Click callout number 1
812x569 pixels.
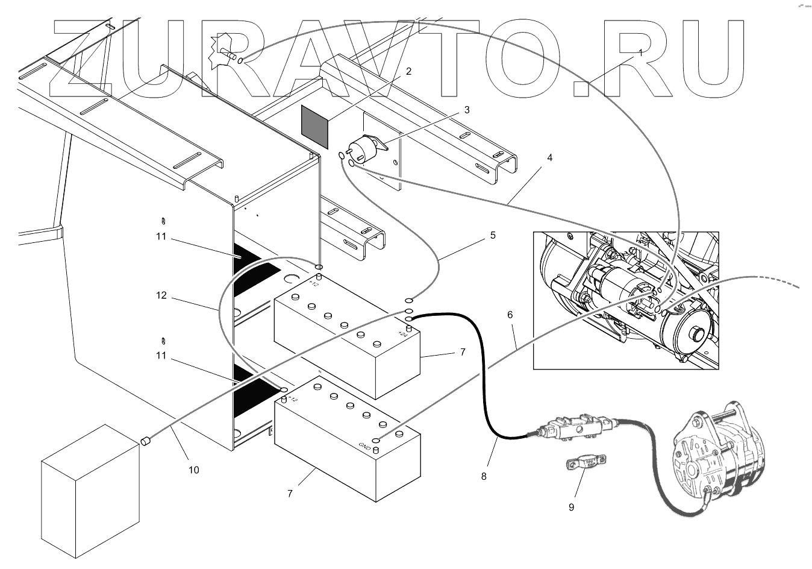click(x=641, y=52)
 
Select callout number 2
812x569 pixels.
click(x=408, y=71)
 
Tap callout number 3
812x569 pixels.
click(x=467, y=110)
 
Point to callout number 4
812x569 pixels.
click(x=549, y=157)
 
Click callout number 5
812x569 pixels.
click(x=493, y=235)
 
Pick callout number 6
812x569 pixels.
click(x=510, y=315)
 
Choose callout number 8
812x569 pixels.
click(x=484, y=476)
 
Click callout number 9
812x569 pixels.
click(x=571, y=507)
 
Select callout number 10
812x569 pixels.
click(x=193, y=470)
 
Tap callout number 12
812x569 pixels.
click(x=161, y=295)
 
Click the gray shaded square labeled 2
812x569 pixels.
click(x=315, y=127)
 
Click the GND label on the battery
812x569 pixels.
click(x=364, y=447)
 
